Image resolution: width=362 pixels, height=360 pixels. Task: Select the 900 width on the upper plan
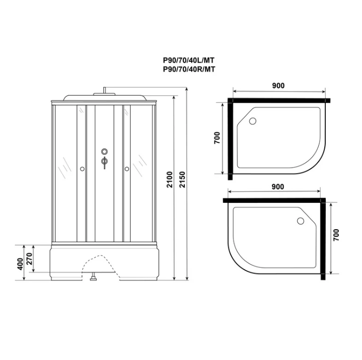[278, 86]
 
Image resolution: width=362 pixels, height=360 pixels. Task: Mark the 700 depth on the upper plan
[217, 138]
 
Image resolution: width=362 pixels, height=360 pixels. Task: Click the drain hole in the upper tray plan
[252, 121]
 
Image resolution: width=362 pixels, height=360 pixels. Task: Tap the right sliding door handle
[127, 169]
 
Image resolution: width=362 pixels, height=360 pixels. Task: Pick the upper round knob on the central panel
[104, 152]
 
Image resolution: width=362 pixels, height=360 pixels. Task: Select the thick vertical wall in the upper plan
[230, 139]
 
